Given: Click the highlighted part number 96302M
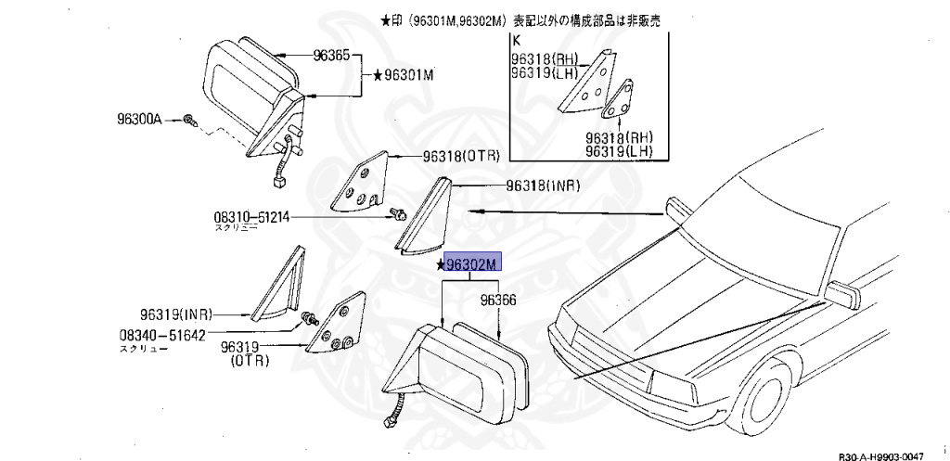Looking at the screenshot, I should [x=473, y=263].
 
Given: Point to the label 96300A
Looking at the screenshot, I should [x=139, y=119].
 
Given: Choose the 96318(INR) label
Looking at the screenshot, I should [x=543, y=186].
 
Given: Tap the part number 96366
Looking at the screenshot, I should [x=498, y=300].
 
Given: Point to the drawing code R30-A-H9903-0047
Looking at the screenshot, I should [x=881, y=455].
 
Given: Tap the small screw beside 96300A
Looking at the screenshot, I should [x=188, y=121].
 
